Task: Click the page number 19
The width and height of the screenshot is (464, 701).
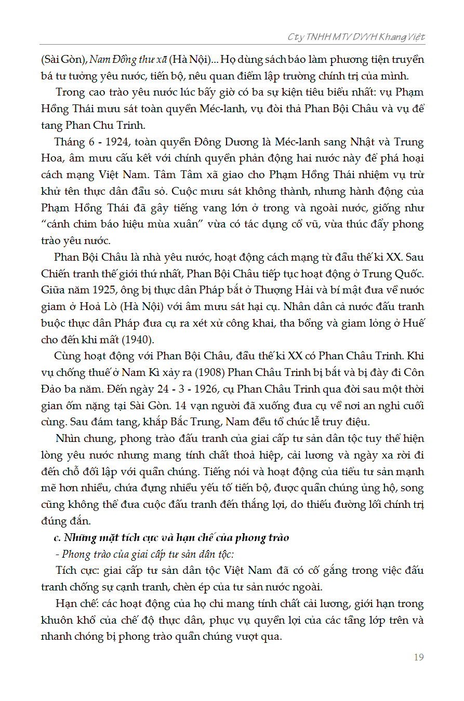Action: [418, 657]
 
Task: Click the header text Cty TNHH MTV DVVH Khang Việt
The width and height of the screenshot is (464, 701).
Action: [356, 37]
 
